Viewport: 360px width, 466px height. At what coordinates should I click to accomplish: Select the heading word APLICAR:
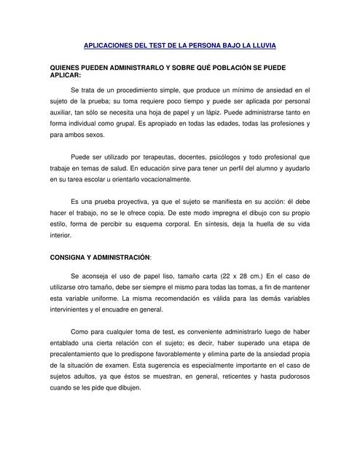(65, 75)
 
